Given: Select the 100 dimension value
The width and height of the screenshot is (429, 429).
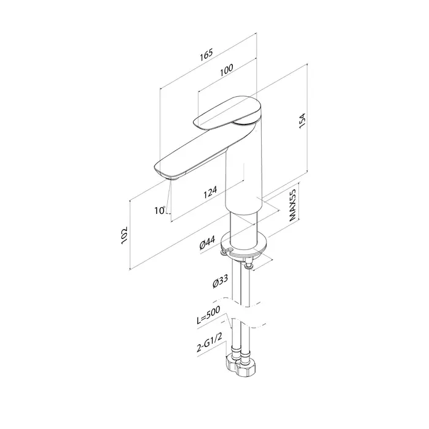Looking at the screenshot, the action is tap(227, 70).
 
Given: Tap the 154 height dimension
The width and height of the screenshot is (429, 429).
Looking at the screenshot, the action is tap(302, 120).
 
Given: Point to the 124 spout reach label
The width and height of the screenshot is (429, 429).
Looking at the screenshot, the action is tap(210, 192).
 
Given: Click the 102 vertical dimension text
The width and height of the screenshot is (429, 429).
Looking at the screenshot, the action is tap(124, 235).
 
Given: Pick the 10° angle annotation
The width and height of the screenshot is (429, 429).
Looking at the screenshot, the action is tap(160, 210).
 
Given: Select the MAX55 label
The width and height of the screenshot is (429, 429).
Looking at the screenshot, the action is tap(292, 205).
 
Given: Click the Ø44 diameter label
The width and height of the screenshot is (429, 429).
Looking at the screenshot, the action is tap(207, 242).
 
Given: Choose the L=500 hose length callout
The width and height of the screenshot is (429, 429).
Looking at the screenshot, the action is tap(208, 315).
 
